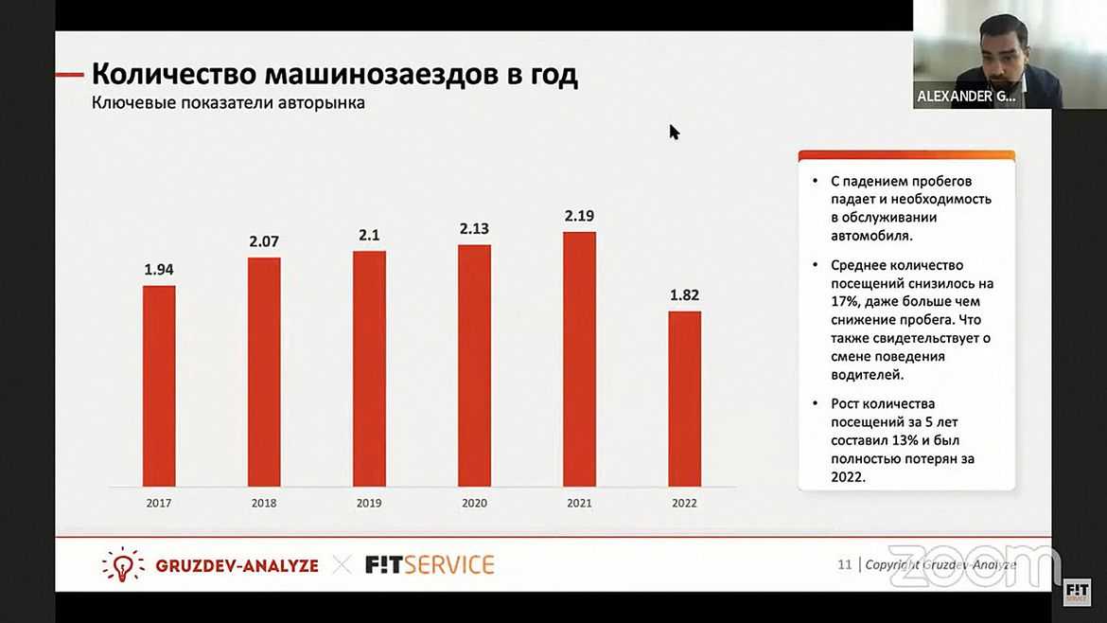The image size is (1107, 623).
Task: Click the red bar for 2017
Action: [x=159, y=385]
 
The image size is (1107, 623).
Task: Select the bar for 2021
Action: [x=579, y=359]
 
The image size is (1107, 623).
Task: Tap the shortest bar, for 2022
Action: [x=684, y=399]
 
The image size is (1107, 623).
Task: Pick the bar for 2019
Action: [x=369, y=368]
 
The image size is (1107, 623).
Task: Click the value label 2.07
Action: [x=264, y=242]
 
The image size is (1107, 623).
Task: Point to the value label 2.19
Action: [x=579, y=217]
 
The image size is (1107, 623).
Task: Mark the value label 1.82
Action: [x=684, y=295]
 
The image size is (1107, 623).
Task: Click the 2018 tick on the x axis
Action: [x=264, y=504]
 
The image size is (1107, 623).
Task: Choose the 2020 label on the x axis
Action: [x=474, y=504]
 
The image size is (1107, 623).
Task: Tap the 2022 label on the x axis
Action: [x=684, y=504]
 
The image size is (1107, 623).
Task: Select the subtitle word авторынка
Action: [x=319, y=103]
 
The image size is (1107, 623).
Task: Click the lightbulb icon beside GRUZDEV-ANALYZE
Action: [x=122, y=564]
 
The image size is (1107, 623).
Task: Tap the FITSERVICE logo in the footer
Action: [x=430, y=565]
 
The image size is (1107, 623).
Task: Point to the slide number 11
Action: [x=844, y=565]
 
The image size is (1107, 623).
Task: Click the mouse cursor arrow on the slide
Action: [x=674, y=132]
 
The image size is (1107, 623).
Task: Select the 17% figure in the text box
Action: [x=844, y=301]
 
